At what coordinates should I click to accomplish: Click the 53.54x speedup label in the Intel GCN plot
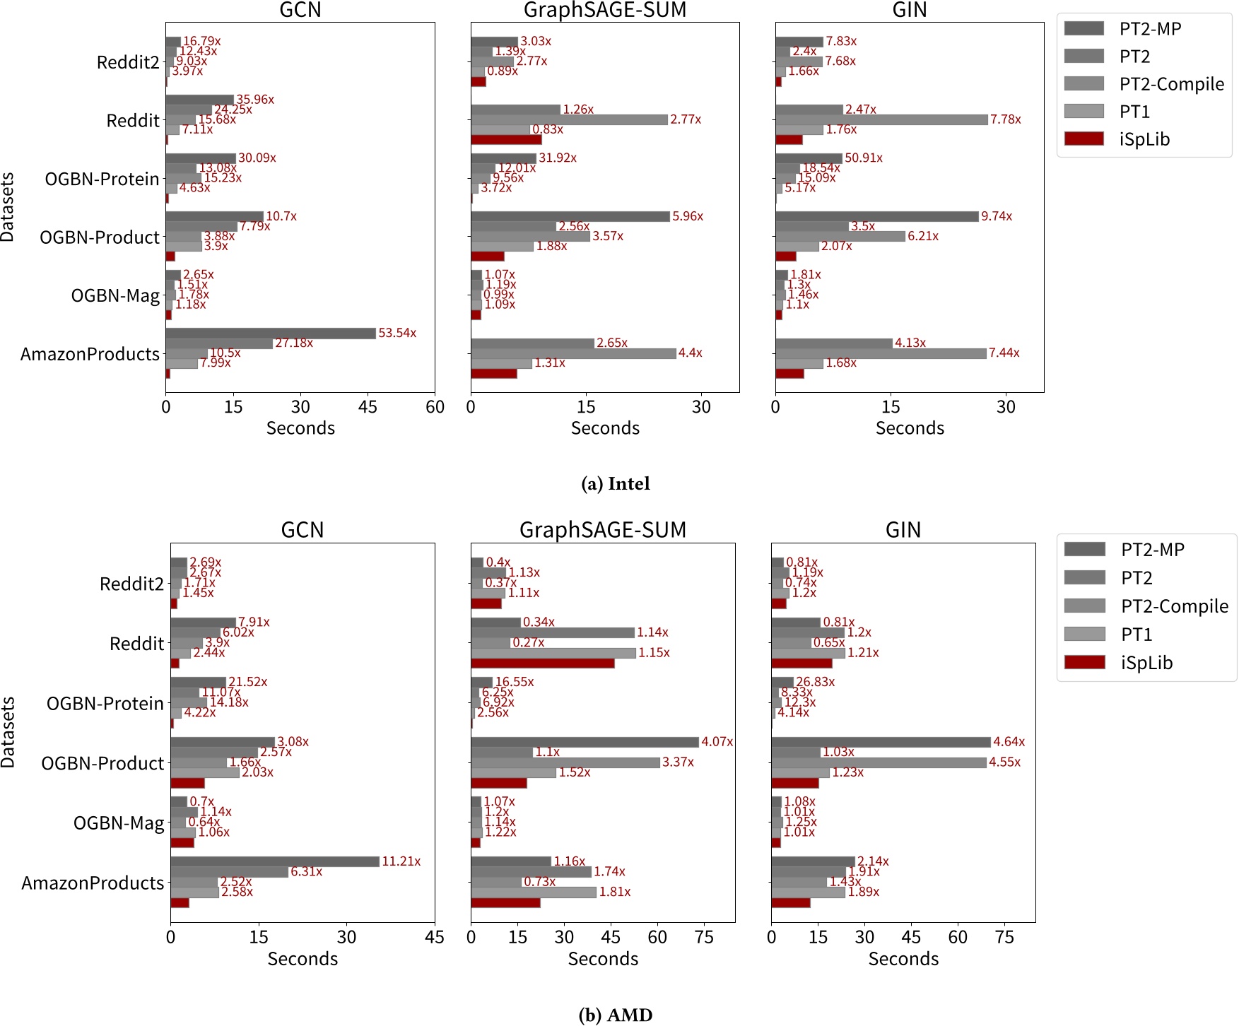pyautogui.click(x=397, y=333)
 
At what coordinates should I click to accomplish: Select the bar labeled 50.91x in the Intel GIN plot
pyautogui.click(x=809, y=158)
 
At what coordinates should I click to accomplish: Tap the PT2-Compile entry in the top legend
pyautogui.click(x=1171, y=84)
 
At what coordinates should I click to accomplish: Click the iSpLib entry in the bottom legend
pyautogui.click(x=1146, y=663)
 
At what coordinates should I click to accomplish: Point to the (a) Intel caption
pyautogui.click(x=615, y=484)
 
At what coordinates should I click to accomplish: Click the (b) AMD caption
pyautogui.click(x=615, y=1015)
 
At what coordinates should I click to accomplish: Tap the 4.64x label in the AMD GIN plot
pyautogui.click(x=1009, y=742)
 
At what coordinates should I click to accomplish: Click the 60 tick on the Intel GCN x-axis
pyautogui.click(x=435, y=407)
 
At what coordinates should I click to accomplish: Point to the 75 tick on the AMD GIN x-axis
pyautogui.click(x=1004, y=938)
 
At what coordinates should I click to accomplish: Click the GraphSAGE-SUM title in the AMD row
pyautogui.click(x=603, y=530)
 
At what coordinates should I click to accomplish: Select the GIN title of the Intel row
pyautogui.click(x=909, y=10)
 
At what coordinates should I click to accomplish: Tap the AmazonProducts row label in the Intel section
pyautogui.click(x=90, y=354)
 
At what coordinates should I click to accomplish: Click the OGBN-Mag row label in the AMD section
pyautogui.click(x=119, y=823)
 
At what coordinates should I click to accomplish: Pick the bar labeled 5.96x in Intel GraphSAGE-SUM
pyautogui.click(x=570, y=216)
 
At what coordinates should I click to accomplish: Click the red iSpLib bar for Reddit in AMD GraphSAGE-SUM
pyautogui.click(x=542, y=663)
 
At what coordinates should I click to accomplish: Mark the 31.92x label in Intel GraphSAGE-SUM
pyautogui.click(x=558, y=158)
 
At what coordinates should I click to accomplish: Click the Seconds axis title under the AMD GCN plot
pyautogui.click(x=303, y=959)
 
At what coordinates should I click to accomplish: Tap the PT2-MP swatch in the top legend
pyautogui.click(x=1084, y=28)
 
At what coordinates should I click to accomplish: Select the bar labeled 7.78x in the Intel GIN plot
pyautogui.click(x=881, y=119)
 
